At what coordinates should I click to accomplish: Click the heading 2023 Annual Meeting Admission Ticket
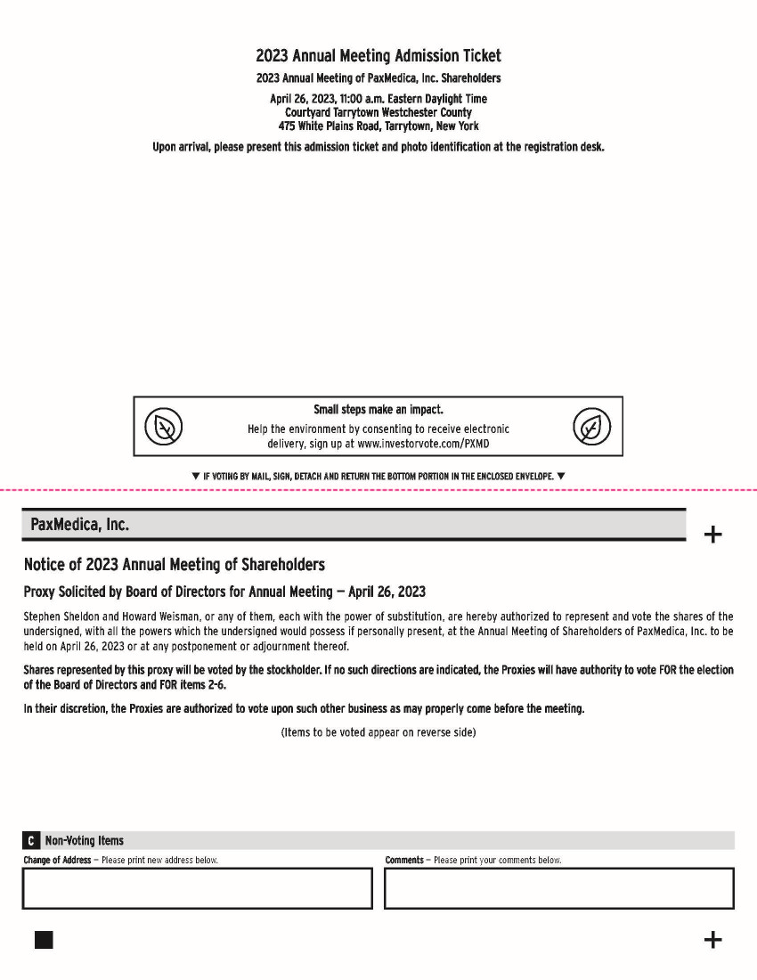378,56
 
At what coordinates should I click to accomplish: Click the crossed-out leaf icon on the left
164,427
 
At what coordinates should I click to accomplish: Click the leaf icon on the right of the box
591,427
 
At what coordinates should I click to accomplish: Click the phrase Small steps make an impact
378,410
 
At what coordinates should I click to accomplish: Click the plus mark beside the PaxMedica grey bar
712,535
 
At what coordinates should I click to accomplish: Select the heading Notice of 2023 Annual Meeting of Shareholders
175,565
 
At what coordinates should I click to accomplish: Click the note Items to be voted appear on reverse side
378,732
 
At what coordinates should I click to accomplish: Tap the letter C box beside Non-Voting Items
31,841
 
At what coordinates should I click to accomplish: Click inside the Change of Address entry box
197,888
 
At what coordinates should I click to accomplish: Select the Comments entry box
559,888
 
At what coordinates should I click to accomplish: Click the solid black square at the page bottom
44,940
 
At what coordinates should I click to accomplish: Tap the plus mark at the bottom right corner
712,940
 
